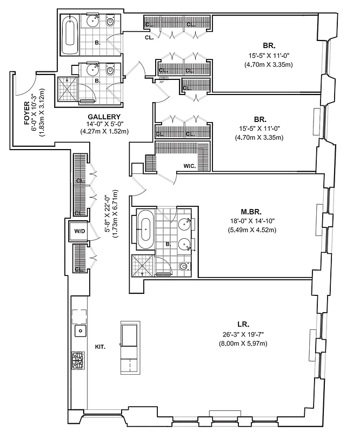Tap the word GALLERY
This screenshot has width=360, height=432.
(x=104, y=117)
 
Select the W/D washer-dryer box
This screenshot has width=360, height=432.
(x=79, y=231)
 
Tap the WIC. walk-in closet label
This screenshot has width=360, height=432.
(x=189, y=166)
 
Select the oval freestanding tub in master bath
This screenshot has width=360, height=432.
(x=145, y=230)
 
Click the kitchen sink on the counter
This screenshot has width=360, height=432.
(x=80, y=330)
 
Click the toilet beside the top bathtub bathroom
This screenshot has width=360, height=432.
(x=111, y=23)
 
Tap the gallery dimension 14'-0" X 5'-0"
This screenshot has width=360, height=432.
(x=104, y=124)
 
